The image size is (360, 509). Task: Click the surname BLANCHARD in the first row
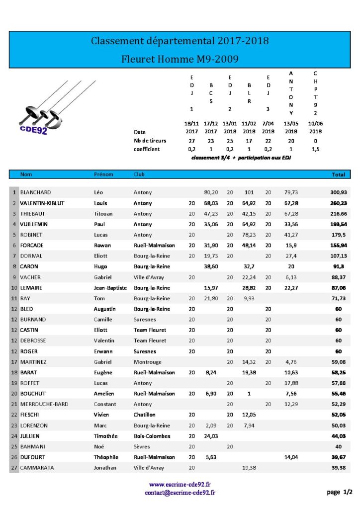[35, 192]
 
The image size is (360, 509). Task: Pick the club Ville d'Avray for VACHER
[149, 277]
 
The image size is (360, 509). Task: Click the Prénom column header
[103, 174]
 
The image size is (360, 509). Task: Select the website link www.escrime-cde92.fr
[180, 484]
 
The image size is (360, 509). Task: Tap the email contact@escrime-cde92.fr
[180, 493]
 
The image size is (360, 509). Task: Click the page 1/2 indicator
[340, 492]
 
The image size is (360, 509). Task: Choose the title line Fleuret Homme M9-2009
[180, 59]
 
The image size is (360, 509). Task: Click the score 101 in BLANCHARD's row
[250, 192]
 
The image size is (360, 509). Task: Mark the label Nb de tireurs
[150, 141]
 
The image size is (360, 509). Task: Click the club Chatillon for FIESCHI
[144, 415]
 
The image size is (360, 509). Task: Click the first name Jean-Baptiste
[110, 288]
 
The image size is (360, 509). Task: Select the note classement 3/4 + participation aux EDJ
[241, 158]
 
